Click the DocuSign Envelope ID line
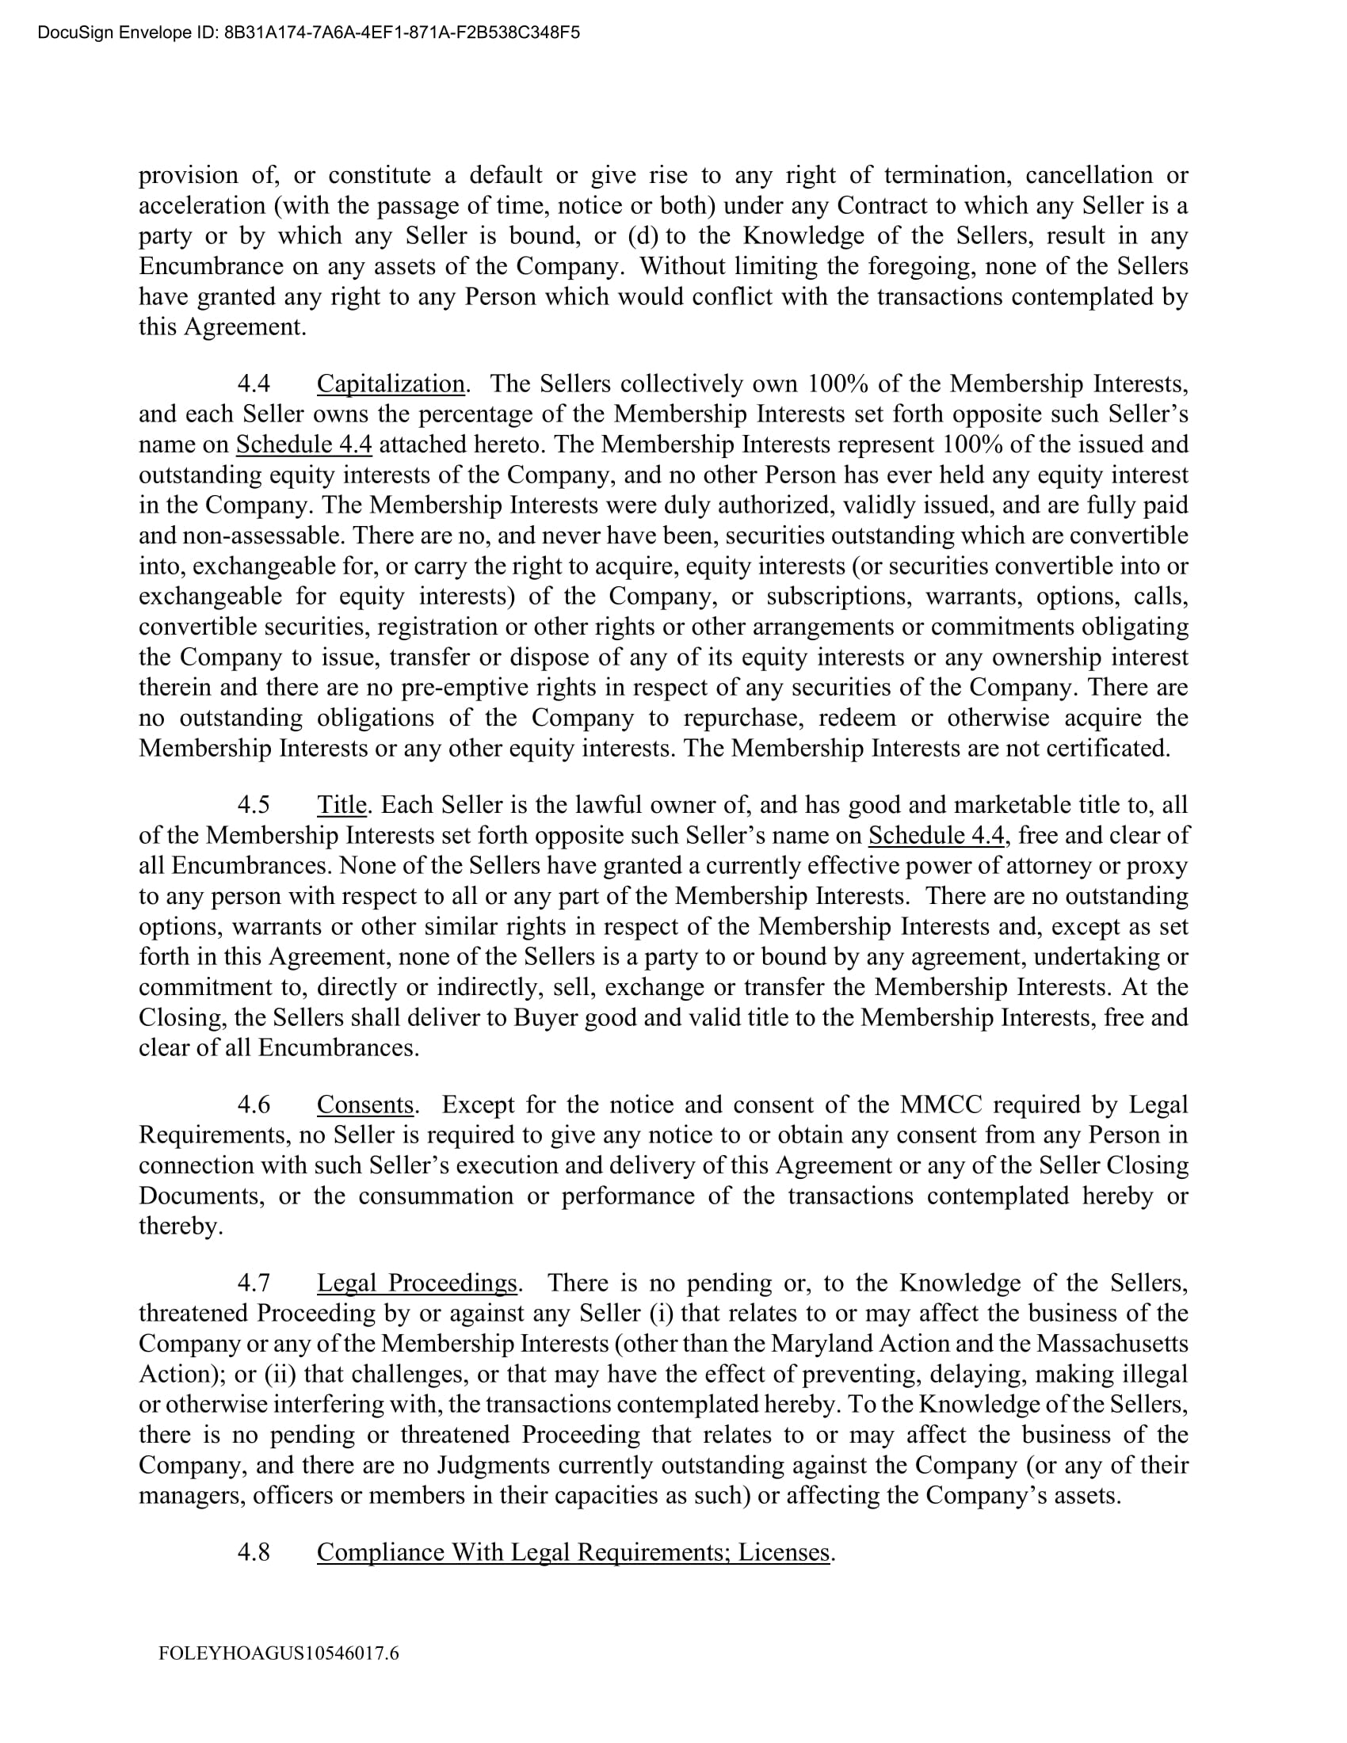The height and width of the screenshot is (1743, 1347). tap(308, 32)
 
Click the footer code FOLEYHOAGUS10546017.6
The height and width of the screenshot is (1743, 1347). tap(278, 1653)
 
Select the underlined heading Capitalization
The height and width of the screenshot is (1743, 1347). tap(390, 384)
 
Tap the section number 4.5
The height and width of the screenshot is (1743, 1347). tap(254, 804)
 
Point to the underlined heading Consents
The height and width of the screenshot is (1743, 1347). tap(364, 1104)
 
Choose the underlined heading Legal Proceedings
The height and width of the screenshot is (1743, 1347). tap(418, 1283)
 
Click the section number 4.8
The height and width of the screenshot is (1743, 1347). tap(254, 1551)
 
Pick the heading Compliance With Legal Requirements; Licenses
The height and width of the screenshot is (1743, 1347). tap(573, 1551)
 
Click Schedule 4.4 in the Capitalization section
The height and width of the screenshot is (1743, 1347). tap(304, 444)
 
